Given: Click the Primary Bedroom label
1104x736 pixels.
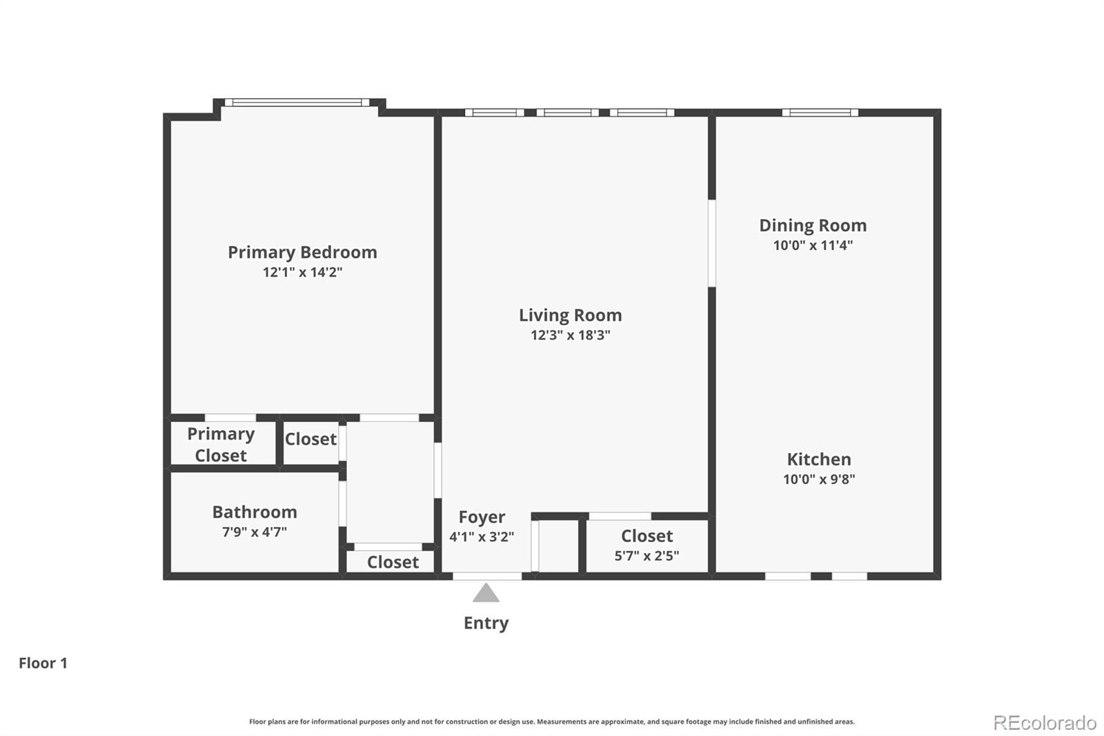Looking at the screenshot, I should pyautogui.click(x=302, y=252).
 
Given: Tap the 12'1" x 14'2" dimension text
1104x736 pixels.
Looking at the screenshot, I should pyautogui.click(x=302, y=272).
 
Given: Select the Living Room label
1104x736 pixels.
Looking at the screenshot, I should pyautogui.click(x=570, y=316).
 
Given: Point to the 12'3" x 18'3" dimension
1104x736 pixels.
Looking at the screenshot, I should pyautogui.click(x=570, y=336).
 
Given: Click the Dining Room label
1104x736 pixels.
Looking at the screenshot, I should pyautogui.click(x=813, y=226).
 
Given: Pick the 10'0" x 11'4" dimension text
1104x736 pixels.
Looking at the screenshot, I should pyautogui.click(x=813, y=245).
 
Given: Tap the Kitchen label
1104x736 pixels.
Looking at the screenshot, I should pyautogui.click(x=819, y=459).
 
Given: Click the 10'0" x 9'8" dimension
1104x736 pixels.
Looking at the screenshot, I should pyautogui.click(x=819, y=479).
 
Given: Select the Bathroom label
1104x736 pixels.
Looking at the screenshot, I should pyautogui.click(x=255, y=512).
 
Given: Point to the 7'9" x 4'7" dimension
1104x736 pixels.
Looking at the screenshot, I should pyautogui.click(x=255, y=532).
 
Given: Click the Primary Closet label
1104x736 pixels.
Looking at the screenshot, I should pyautogui.click(x=221, y=445).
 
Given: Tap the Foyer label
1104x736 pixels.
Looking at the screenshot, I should pyautogui.click(x=482, y=517).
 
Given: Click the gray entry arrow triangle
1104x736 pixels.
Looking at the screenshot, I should pyautogui.click(x=486, y=594).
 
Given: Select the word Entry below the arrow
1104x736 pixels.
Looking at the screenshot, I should pyautogui.click(x=486, y=623).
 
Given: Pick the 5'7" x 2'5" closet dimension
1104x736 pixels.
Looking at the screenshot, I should pyautogui.click(x=647, y=556).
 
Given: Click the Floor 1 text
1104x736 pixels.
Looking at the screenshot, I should pyautogui.click(x=43, y=664).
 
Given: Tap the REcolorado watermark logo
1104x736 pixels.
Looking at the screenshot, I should pyautogui.click(x=1045, y=723).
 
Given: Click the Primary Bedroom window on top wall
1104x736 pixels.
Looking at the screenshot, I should pyautogui.click(x=297, y=103).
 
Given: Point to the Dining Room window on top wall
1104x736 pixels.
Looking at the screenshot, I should pyautogui.click(x=820, y=113).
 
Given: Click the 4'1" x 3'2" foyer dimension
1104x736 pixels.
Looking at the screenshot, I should pyautogui.click(x=482, y=537).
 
